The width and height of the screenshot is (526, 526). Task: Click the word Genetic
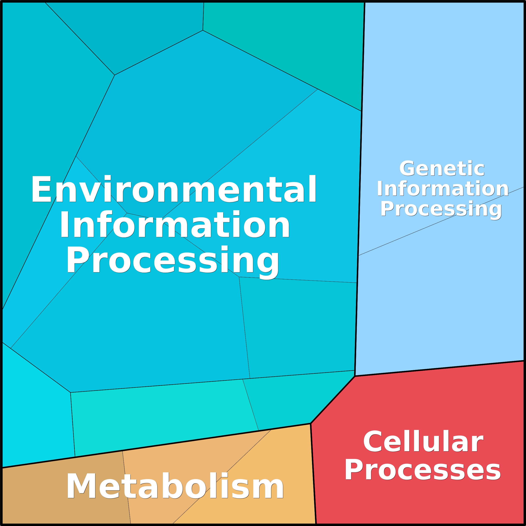point(442,169)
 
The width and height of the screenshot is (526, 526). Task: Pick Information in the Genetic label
point(443,189)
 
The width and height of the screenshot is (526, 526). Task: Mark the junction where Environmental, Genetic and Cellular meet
point(355,376)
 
